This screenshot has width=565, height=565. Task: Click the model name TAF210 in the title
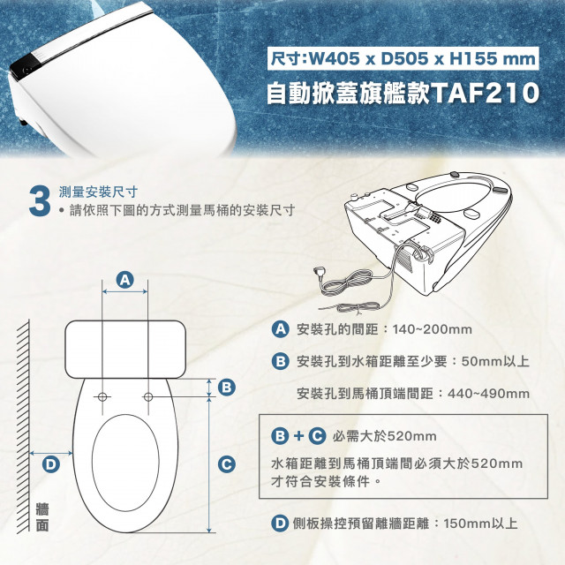pyautogui.click(x=485, y=94)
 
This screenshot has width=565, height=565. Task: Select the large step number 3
pyautogui.click(x=40, y=201)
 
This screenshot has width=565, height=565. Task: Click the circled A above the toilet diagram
pyautogui.click(x=125, y=280)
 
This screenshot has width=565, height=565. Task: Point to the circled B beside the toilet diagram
pyautogui.click(x=227, y=388)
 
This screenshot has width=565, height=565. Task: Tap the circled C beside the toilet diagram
pyautogui.click(x=227, y=464)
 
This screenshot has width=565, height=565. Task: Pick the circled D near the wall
pyautogui.click(x=51, y=464)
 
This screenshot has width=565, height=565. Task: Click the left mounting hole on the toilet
pyautogui.click(x=102, y=396)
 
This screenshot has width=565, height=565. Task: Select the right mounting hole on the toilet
pyautogui.click(x=148, y=396)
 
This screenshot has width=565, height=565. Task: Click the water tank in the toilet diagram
pyautogui.click(x=125, y=350)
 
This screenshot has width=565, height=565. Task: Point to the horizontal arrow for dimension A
pyautogui.click(x=125, y=291)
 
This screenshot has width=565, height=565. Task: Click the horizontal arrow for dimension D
pyautogui.click(x=51, y=453)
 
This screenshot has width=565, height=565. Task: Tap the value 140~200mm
pyautogui.click(x=433, y=329)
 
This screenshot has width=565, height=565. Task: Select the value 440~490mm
pyautogui.click(x=488, y=394)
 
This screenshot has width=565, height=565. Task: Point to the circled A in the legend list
pyautogui.click(x=281, y=329)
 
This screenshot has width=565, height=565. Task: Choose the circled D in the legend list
pyautogui.click(x=280, y=524)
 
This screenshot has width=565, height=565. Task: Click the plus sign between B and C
pyautogui.click(x=298, y=436)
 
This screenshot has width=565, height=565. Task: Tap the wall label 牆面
pyautogui.click(x=42, y=518)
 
